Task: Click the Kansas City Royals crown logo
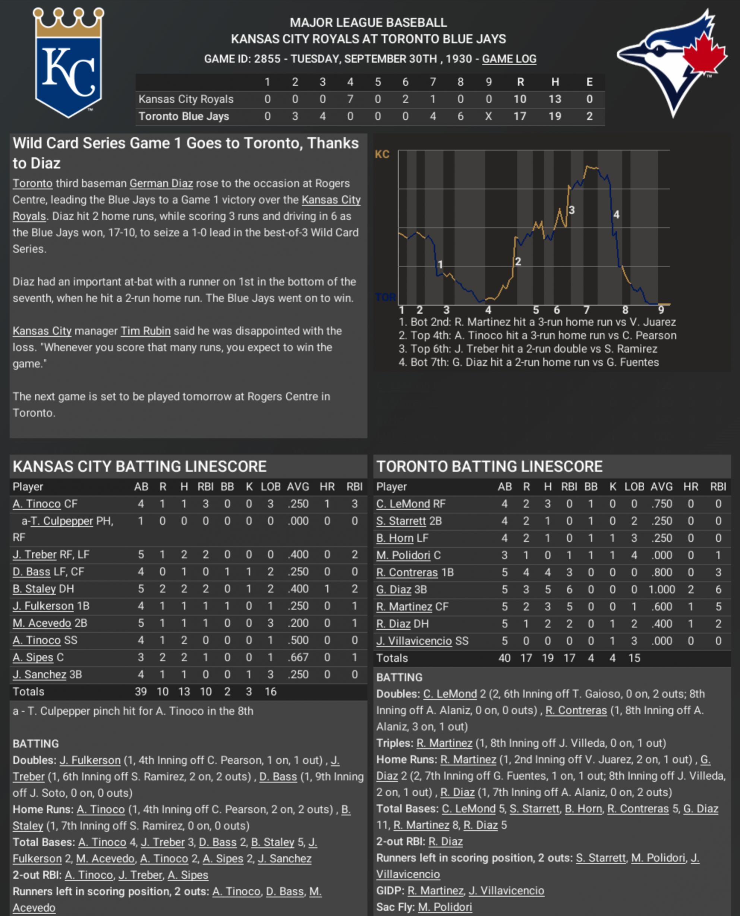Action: click(68, 62)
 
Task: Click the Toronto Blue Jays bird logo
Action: click(671, 62)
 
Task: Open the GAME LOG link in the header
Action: click(509, 59)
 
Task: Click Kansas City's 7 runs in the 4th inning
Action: click(350, 99)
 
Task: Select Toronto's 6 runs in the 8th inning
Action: click(460, 116)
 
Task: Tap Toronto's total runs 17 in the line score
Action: click(520, 116)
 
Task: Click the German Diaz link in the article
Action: click(161, 183)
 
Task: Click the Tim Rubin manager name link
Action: click(145, 331)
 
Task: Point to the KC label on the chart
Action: click(382, 154)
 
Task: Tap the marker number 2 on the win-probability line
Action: click(518, 262)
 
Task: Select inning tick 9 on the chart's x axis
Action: click(661, 310)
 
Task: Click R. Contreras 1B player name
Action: click(407, 572)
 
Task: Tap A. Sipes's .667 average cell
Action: click(297, 657)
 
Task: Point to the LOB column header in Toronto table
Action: click(634, 487)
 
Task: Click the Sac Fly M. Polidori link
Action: click(445, 907)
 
